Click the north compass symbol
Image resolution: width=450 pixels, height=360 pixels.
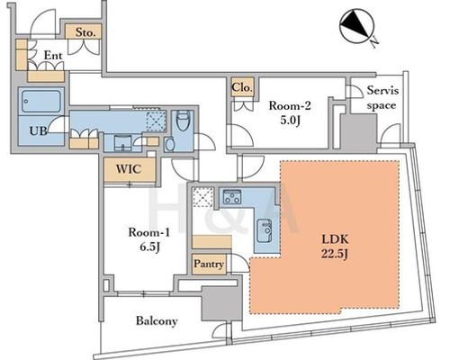[357, 26]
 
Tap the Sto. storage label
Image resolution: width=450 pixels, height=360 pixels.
[85, 32]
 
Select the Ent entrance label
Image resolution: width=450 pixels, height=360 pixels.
[53, 55]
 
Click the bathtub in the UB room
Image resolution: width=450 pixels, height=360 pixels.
[41, 101]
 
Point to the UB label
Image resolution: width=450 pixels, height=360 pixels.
[38, 130]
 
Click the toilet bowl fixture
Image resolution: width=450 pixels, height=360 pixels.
[183, 121]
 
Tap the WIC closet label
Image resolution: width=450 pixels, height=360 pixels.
[129, 169]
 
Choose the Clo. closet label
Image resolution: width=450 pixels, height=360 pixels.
[242, 87]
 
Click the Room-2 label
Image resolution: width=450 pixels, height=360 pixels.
[290, 105]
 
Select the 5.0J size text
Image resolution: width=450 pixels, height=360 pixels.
[290, 121]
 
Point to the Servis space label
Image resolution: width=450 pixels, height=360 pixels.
[382, 98]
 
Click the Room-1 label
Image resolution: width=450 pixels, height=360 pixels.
[149, 232]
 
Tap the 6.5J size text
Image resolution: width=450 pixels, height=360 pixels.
[149, 247]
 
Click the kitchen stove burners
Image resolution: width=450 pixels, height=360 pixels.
[231, 196]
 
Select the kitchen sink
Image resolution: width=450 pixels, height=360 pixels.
[265, 230]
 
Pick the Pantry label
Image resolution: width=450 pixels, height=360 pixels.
[209, 264]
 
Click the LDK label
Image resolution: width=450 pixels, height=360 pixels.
[335, 239]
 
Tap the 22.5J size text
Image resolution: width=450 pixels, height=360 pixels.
[335, 254]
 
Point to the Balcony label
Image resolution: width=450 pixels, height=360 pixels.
[157, 321]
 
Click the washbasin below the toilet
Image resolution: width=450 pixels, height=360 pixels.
[170, 144]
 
